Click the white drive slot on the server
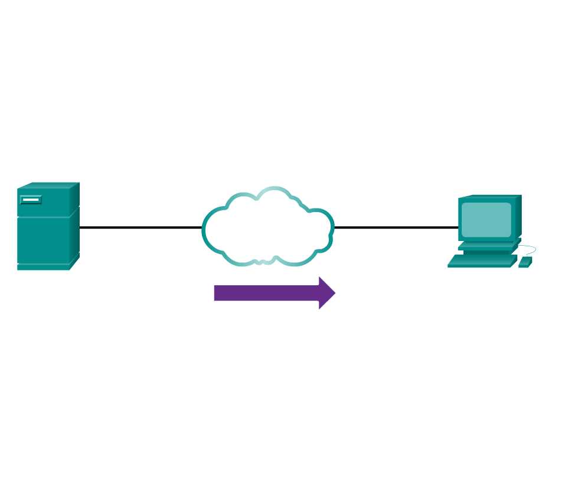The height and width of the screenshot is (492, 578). tap(31, 200)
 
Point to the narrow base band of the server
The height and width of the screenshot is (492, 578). tap(43, 267)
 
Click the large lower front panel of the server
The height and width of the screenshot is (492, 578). tap(43, 240)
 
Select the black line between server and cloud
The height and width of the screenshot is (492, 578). tap(141, 227)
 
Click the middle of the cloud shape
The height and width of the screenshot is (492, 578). tap(267, 227)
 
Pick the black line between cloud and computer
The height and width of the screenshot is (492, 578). tap(396, 227)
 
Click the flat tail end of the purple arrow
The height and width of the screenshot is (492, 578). tap(216, 293)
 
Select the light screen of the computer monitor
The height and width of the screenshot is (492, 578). tap(486, 220)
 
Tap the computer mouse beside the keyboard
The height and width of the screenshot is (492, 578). tap(525, 262)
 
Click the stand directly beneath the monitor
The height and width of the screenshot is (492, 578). tap(488, 246)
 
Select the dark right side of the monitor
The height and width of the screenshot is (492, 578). tap(518, 217)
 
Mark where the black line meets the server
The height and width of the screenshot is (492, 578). tap(80, 227)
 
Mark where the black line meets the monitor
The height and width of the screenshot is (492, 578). tap(459, 227)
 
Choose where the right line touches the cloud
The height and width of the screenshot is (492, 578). tap(334, 227)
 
